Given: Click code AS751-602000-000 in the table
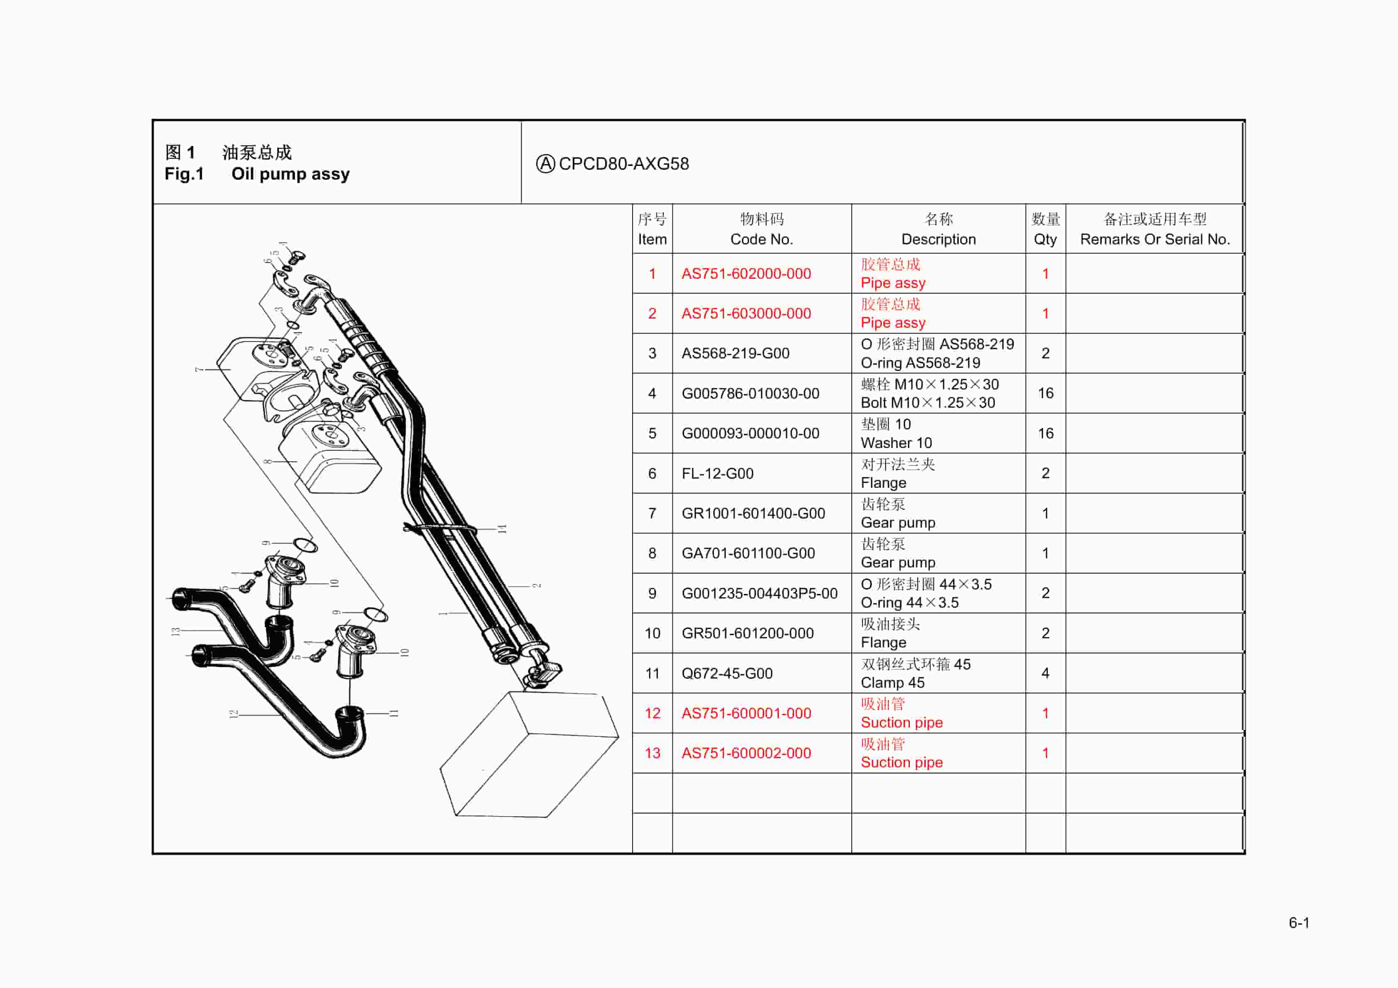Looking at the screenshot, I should pyautogui.click(x=746, y=274).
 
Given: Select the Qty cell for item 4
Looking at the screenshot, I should pyautogui.click(x=1045, y=393).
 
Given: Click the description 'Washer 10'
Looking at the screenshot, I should pyautogui.click(x=896, y=443).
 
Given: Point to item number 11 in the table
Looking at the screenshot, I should pyautogui.click(x=652, y=674).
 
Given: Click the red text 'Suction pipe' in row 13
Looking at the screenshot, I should pyautogui.click(x=901, y=762).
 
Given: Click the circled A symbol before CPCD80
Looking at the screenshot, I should pyautogui.click(x=545, y=164).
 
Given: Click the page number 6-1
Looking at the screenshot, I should pyautogui.click(x=1299, y=923).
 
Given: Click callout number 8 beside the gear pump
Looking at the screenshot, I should pyautogui.click(x=268, y=462).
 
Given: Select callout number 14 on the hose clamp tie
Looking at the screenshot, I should pyautogui.click(x=502, y=529).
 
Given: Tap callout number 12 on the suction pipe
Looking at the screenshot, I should pyautogui.click(x=233, y=713).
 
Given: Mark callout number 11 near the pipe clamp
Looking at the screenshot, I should pyautogui.click(x=393, y=713).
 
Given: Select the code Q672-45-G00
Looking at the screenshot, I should pyautogui.click(x=726, y=674).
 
